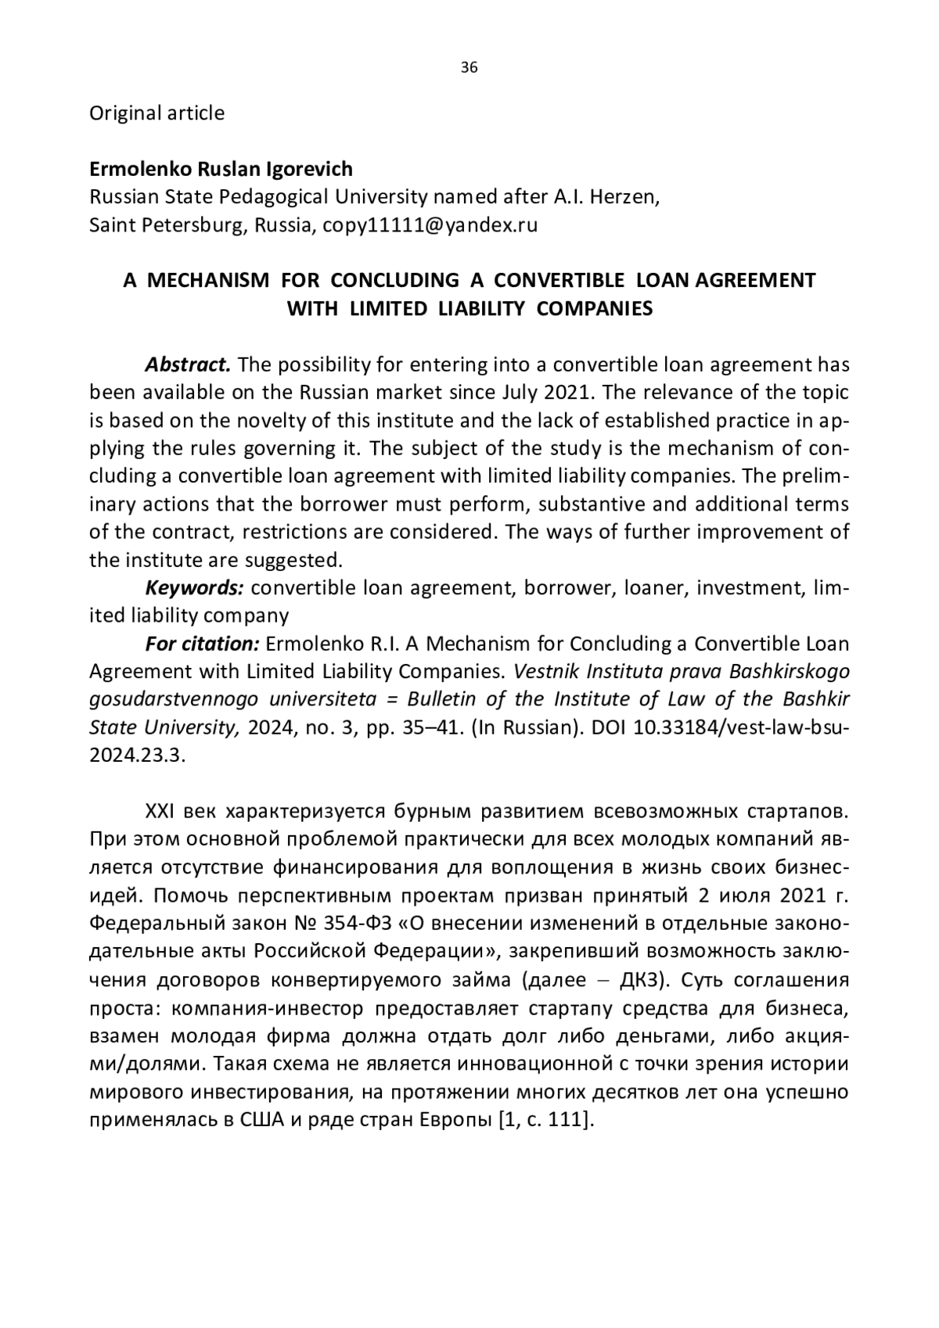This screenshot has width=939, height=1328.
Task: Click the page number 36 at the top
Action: click(469, 67)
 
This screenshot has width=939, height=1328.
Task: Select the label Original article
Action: click(156, 113)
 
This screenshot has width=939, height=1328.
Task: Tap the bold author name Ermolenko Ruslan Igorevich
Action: click(221, 169)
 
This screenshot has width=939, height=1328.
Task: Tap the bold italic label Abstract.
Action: click(188, 364)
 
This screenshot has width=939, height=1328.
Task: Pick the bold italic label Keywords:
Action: click(195, 587)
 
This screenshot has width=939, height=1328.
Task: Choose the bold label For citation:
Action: click(202, 644)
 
